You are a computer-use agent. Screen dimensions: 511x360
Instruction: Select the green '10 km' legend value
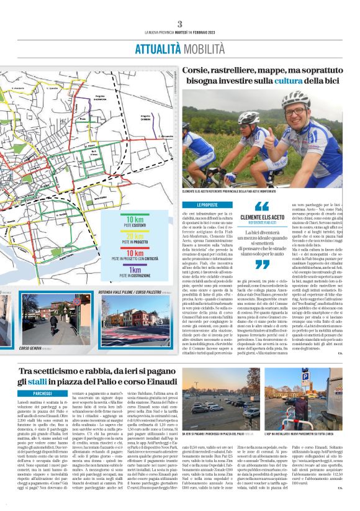click(134, 220)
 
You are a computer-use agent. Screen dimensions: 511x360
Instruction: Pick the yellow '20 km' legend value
click(134, 237)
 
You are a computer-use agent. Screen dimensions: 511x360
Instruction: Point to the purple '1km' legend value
click(134, 270)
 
